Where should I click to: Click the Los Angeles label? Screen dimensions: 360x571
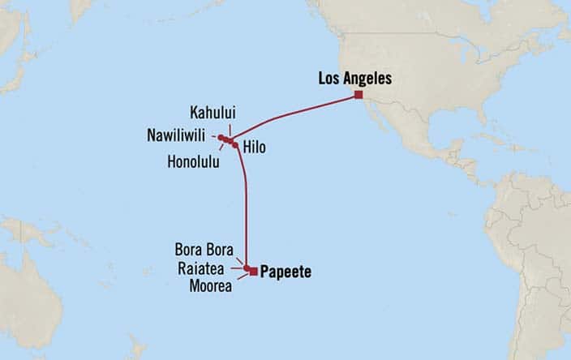(x=354, y=79)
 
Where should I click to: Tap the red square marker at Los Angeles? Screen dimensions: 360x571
(x=358, y=96)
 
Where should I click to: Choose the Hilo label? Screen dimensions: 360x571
(x=254, y=148)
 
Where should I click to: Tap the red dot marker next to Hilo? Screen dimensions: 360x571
(x=235, y=145)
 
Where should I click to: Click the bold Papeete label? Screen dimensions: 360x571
(x=286, y=272)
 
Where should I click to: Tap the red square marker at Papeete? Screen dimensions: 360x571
(x=253, y=271)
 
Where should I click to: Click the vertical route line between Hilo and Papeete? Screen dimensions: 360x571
(x=247, y=211)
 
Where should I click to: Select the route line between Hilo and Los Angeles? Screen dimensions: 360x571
(x=292, y=115)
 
